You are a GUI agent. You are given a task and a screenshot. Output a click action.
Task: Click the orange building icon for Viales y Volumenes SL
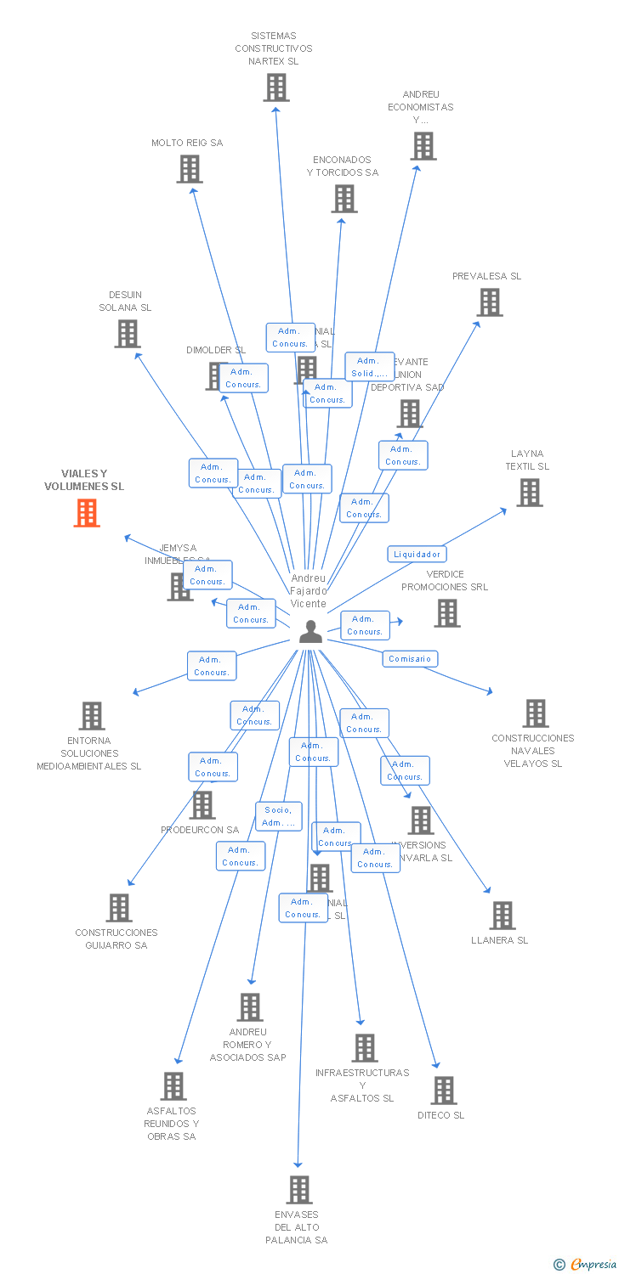click(87, 513)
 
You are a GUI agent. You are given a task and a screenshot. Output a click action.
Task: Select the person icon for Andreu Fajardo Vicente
click(310, 631)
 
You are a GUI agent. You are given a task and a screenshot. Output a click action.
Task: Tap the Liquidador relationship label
click(417, 554)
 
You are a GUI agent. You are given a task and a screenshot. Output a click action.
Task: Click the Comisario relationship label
click(410, 658)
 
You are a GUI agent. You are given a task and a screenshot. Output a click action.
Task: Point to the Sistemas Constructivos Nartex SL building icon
click(275, 87)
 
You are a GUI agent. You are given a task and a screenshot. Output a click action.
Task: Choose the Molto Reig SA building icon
click(189, 169)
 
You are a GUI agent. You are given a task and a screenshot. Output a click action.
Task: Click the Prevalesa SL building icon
click(489, 302)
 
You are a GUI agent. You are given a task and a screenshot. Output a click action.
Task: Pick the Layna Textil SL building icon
click(529, 493)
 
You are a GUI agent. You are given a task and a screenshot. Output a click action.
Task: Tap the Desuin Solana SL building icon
click(127, 334)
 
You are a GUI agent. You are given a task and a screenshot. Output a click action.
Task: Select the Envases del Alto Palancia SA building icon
click(298, 1190)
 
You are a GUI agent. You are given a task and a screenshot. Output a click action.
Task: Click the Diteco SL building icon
click(443, 1091)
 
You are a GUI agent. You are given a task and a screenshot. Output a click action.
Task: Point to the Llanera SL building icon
click(502, 916)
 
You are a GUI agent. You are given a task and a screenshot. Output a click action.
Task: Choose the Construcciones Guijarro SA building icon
click(118, 908)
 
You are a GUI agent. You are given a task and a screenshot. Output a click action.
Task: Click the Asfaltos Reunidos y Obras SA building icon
click(173, 1086)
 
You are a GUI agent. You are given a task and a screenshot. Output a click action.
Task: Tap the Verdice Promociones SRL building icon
click(446, 613)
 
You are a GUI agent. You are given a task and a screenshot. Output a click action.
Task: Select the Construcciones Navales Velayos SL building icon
click(535, 713)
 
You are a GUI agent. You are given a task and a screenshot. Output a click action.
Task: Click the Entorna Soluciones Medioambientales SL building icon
click(92, 716)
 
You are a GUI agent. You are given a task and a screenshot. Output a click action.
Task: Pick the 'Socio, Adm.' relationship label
click(279, 816)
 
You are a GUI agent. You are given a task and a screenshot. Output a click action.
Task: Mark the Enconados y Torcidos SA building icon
click(344, 199)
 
